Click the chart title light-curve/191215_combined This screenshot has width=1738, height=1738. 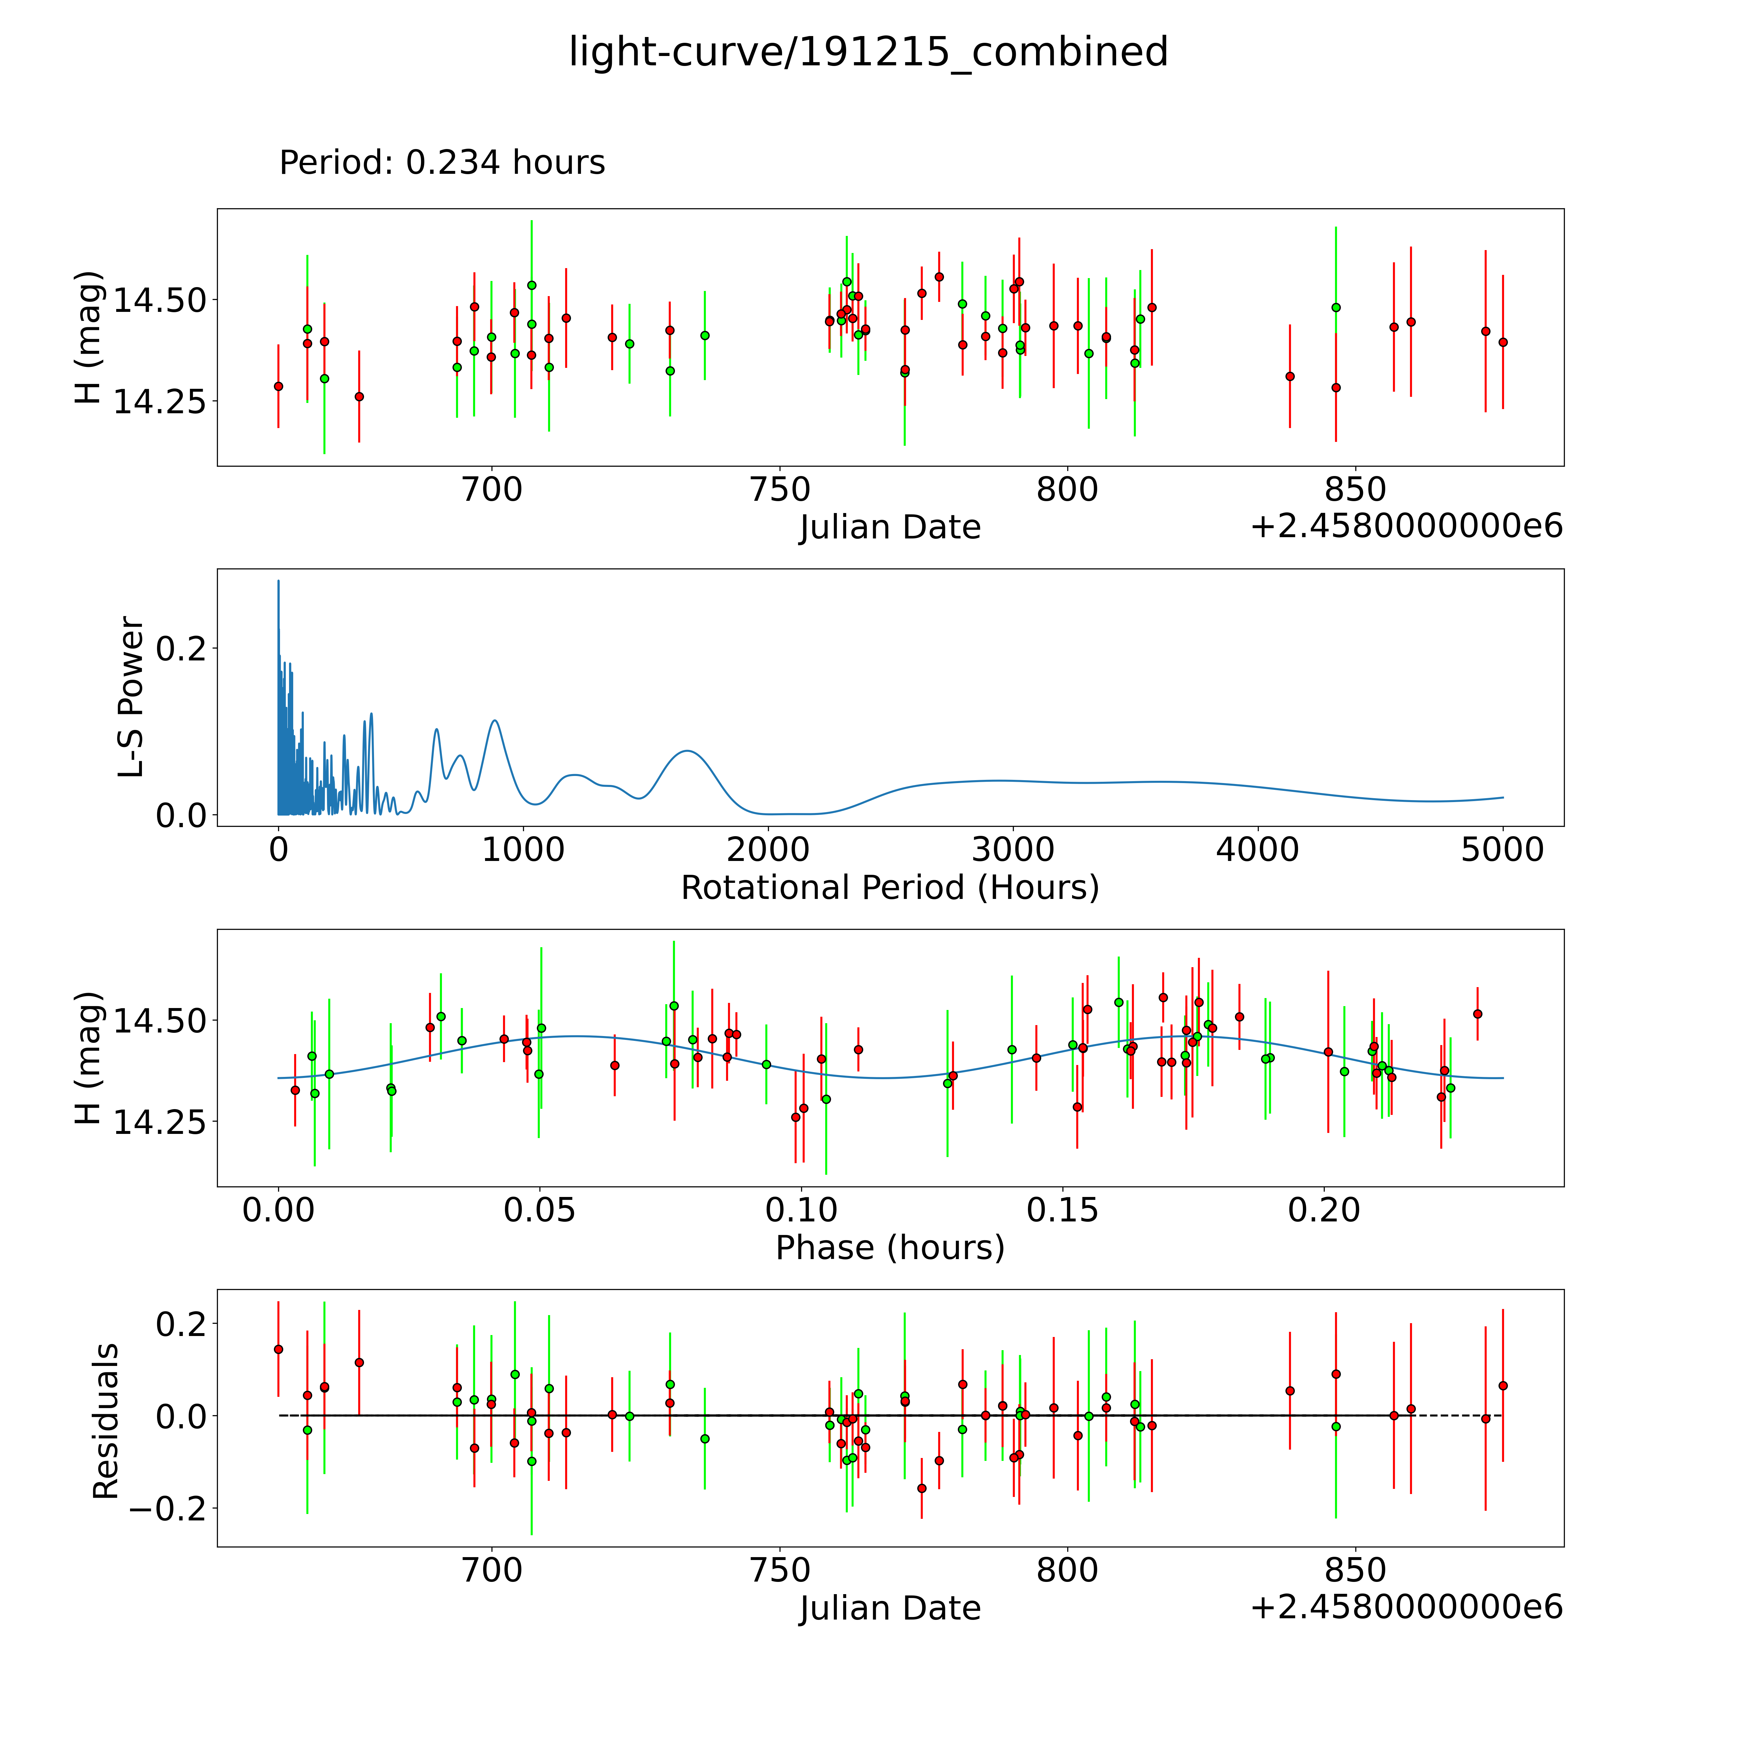click(x=868, y=52)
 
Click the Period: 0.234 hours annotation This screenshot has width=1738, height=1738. click(x=442, y=163)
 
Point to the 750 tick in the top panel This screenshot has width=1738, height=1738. click(x=779, y=490)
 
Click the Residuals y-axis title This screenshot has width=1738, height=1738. click(x=106, y=1421)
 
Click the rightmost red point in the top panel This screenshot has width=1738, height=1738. click(x=1502, y=342)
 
